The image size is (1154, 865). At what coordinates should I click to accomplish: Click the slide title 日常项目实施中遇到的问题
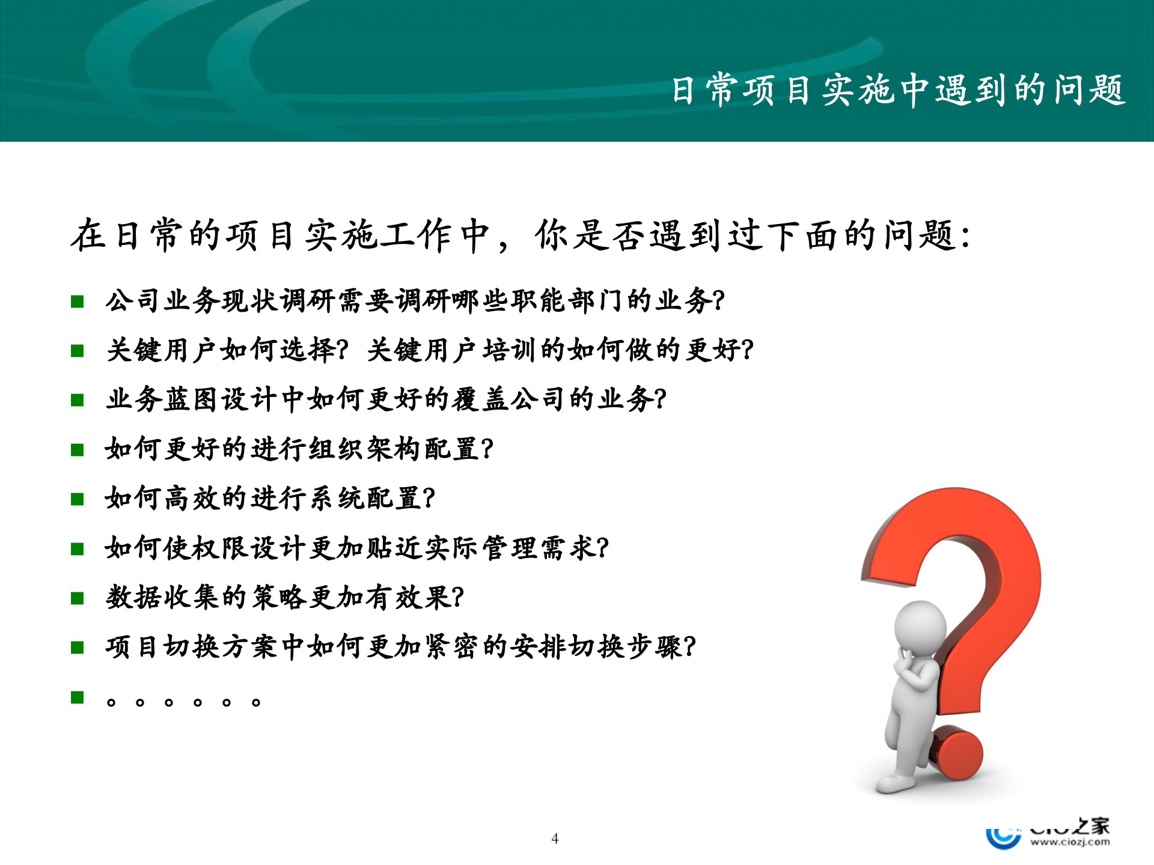pos(898,90)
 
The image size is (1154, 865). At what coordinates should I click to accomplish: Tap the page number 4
pos(555,839)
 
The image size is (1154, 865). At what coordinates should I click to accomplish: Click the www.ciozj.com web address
pos(1070,842)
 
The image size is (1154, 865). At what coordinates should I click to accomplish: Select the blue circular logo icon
pos(1003,837)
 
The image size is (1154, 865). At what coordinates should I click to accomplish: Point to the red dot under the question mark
pos(956,753)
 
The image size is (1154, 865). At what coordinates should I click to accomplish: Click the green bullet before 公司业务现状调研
pos(77,301)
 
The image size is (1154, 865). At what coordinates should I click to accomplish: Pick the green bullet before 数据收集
pos(77,598)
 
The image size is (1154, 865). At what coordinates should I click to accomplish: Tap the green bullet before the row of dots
pos(77,697)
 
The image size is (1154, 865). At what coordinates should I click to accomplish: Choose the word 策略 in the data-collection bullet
pos(279,598)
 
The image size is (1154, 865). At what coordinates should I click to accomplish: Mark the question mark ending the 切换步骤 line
pos(690,647)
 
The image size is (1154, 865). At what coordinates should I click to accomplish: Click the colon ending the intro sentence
pos(966,235)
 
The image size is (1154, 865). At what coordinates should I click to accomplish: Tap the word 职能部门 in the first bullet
pos(567,300)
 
